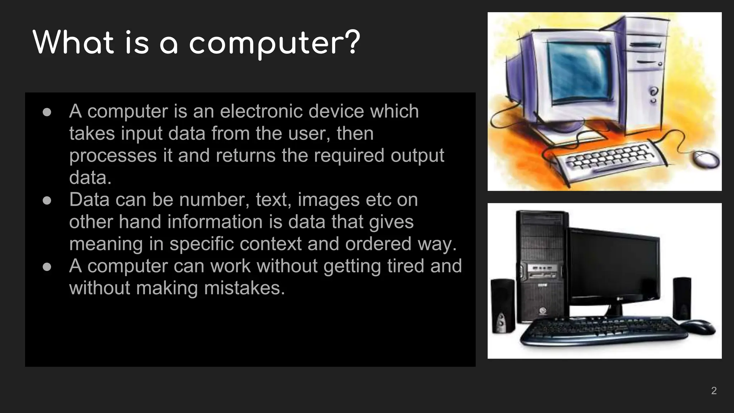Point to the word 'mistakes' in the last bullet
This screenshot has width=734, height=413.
tap(244, 288)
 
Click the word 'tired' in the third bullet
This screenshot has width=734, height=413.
tap(405, 266)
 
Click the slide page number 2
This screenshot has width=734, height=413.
tap(714, 390)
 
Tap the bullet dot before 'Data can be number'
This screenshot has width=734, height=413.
tap(47, 200)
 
